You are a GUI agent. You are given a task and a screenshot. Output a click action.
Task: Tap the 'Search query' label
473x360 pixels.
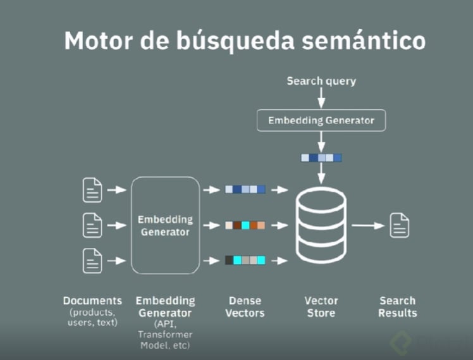pos(321,81)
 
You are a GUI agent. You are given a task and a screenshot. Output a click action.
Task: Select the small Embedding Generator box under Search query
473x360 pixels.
pos(321,120)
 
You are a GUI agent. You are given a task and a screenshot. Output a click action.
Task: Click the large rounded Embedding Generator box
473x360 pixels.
pos(165,225)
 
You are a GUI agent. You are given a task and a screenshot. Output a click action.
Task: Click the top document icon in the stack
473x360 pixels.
pos(92,189)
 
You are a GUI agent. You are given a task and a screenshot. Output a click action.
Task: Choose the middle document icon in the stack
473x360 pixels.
pos(92,225)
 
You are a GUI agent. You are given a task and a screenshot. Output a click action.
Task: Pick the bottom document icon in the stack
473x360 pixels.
pos(92,260)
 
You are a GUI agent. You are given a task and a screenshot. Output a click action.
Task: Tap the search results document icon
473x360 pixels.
pos(399,225)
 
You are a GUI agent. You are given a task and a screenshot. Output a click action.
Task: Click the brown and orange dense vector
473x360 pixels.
pos(245,225)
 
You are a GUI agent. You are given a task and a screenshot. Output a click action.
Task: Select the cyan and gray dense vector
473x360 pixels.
pos(245,260)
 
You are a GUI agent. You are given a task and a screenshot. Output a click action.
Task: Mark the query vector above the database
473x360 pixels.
pos(321,158)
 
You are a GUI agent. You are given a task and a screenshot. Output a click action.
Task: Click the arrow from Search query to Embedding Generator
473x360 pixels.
pos(321,98)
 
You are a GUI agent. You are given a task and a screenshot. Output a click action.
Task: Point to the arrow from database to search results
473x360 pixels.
pos(368,225)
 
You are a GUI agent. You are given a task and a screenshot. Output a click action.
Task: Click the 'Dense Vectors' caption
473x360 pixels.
pos(245,307)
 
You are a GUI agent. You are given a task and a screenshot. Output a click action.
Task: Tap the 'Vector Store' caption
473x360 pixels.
pos(321,307)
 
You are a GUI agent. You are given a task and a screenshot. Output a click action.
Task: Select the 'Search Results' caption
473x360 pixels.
pos(398,307)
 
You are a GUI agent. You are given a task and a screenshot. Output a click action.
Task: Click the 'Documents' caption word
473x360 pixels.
pos(92,301)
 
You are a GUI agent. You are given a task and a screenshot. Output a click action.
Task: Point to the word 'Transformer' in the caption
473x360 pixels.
pos(166,334)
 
